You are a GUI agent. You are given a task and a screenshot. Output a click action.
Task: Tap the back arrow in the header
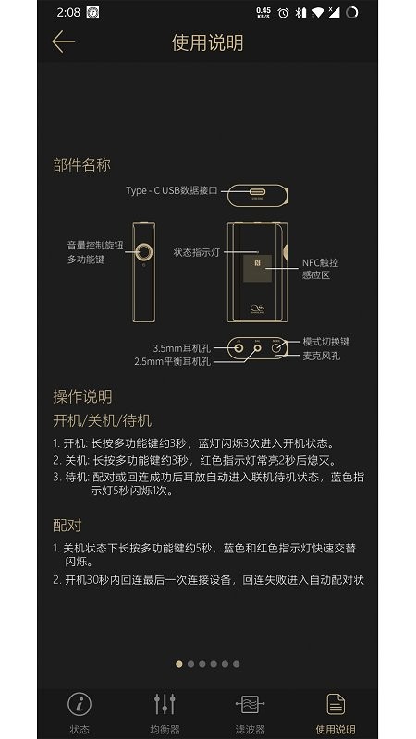click(x=63, y=42)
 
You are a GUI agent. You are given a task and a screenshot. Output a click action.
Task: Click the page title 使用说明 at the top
click(x=207, y=42)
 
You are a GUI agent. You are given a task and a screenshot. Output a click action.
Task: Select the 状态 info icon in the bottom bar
click(x=80, y=704)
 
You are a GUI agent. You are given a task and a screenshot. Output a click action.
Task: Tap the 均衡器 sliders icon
click(x=165, y=704)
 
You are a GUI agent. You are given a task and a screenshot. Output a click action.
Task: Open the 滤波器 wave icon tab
click(x=250, y=704)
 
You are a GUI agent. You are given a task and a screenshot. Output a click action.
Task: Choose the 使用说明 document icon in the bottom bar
click(x=336, y=704)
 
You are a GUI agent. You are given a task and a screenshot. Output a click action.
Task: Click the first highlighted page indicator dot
click(x=179, y=664)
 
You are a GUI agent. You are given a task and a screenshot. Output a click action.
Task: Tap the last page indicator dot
click(x=237, y=664)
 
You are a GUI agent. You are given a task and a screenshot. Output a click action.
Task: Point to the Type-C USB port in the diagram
click(x=258, y=192)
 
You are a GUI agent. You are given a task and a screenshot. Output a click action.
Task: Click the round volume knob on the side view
click(x=144, y=252)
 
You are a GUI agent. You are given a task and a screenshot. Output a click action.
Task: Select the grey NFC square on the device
click(x=257, y=268)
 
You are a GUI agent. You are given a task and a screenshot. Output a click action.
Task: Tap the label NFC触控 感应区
click(x=320, y=269)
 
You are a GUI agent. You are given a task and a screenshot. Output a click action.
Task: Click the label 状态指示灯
click(x=197, y=252)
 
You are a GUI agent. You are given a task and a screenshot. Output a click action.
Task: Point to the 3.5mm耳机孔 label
click(x=181, y=349)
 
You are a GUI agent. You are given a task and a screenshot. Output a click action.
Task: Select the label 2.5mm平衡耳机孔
click(x=173, y=362)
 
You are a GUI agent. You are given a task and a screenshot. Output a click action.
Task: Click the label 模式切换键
click(x=326, y=342)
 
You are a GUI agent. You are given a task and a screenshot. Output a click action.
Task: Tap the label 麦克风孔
click(x=321, y=356)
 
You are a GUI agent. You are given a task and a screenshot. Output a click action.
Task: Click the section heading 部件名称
click(x=81, y=165)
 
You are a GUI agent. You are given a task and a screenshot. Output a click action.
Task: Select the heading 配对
click(x=67, y=525)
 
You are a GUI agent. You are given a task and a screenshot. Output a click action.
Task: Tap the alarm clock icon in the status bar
click(x=283, y=13)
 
